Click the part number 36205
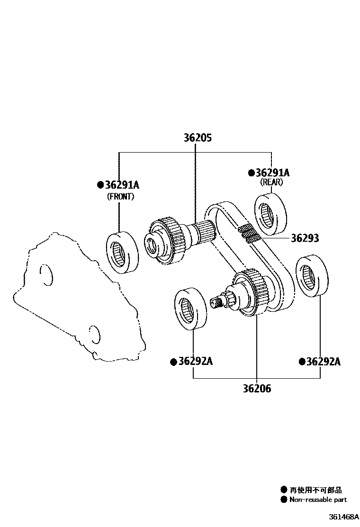pyautogui.click(x=198, y=138)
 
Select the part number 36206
pyautogui.click(x=257, y=389)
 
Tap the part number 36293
pyautogui.click(x=305, y=238)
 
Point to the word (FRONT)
pyautogui.click(x=120, y=197)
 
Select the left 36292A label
pyautogui.click(x=195, y=362)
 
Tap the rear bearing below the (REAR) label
pyautogui.click(x=271, y=214)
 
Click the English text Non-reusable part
pyautogui.click(x=318, y=500)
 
